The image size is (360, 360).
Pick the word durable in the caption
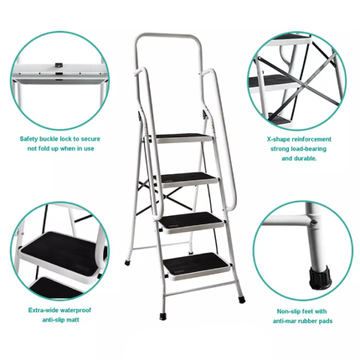tap(305, 157)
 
